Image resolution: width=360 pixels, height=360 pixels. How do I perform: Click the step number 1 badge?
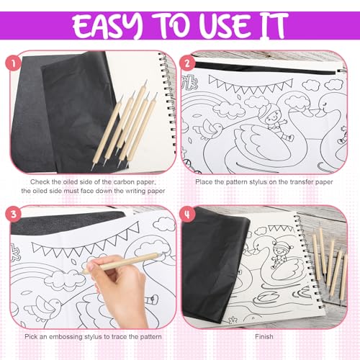point(13,63)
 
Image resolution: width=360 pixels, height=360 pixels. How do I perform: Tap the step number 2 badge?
point(187,63)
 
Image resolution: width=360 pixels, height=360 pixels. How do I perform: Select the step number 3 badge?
point(13,214)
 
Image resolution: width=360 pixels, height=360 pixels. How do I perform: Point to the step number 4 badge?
point(187,214)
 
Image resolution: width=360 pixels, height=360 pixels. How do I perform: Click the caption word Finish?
point(264,337)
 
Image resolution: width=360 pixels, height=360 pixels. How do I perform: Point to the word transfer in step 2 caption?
point(293,182)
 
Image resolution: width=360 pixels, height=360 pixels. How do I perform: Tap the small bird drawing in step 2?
point(209,130)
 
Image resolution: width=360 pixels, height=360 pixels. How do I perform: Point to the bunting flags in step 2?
point(251,85)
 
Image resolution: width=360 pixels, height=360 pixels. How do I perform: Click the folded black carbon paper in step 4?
point(214,264)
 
